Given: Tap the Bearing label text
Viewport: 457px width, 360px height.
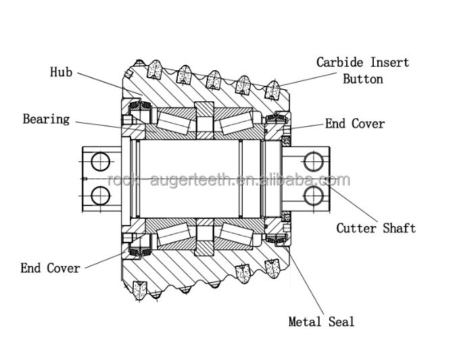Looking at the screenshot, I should pyautogui.click(x=46, y=120).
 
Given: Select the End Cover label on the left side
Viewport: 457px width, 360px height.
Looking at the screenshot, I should pyautogui.click(x=50, y=268).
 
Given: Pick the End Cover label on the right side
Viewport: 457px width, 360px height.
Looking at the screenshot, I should pyautogui.click(x=354, y=124).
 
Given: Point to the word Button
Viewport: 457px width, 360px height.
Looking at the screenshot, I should pyautogui.click(x=362, y=79).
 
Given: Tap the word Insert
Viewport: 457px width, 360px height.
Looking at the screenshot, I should pyautogui.click(x=390, y=63).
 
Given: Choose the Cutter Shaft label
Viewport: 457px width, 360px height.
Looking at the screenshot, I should pyautogui.click(x=376, y=228).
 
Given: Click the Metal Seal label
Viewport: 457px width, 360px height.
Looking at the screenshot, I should pyautogui.click(x=321, y=322).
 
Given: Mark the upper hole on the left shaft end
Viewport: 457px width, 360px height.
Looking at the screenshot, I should pyautogui.click(x=99, y=161).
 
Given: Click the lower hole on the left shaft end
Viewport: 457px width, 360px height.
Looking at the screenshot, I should pyautogui.click(x=99, y=195).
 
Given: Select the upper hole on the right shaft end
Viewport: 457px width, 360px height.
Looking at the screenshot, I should pyautogui.click(x=314, y=161).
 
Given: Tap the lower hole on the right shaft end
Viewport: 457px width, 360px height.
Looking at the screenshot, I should pyautogui.click(x=314, y=195).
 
